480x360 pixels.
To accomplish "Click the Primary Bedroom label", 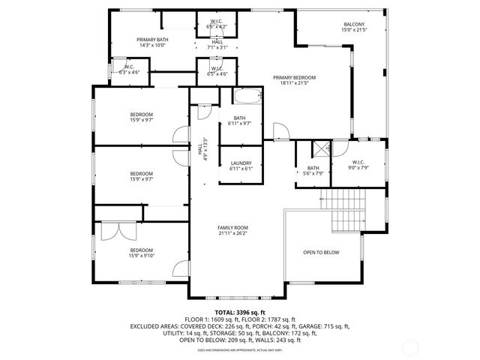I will click(x=294, y=77).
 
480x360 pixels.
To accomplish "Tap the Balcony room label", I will click(x=354, y=25).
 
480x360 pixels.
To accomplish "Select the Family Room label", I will click(x=232, y=227).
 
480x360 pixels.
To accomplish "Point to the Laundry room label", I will click(x=241, y=163).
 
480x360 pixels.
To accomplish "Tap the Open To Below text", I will click(x=321, y=252).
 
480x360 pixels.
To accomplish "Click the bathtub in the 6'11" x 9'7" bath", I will click(x=247, y=97).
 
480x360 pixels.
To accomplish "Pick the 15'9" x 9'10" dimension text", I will click(x=141, y=256).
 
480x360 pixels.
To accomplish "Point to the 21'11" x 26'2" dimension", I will click(x=232, y=232).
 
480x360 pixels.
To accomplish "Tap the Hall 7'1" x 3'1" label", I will click(x=217, y=44).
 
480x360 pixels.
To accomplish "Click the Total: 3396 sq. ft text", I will click(x=240, y=312).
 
